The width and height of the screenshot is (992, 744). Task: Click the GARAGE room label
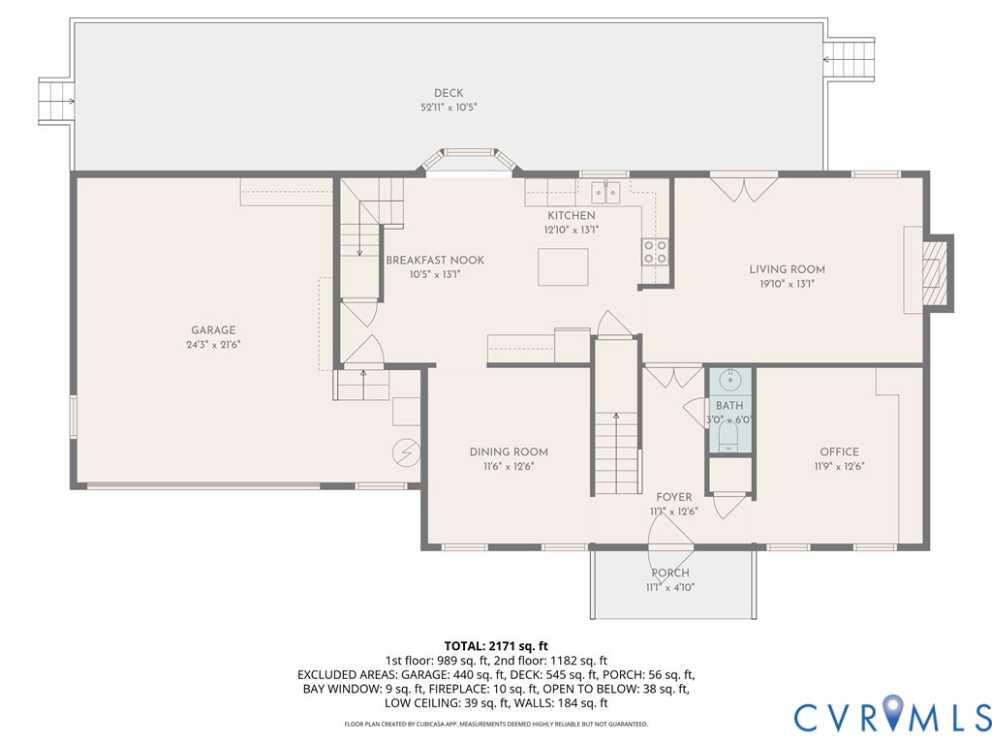(212, 330)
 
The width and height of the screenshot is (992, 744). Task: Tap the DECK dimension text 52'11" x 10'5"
(449, 108)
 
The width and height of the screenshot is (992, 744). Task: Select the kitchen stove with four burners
(655, 252)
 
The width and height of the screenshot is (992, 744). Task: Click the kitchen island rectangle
(563, 266)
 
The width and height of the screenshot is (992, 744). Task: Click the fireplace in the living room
(933, 272)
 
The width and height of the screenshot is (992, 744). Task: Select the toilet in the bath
(728, 442)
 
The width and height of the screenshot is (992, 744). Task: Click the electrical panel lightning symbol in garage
(405, 452)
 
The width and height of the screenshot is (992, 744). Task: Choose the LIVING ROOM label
(787, 269)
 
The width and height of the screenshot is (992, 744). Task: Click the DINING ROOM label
(509, 451)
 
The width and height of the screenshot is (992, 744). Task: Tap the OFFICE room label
(839, 451)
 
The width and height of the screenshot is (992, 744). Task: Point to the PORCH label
(670, 573)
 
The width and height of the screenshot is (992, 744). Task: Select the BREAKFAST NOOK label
(435, 260)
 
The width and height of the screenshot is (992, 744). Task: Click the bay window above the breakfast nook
(467, 157)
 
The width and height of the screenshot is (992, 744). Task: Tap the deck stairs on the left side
(55, 99)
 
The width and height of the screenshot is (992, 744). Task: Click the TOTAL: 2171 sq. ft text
(496, 645)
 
